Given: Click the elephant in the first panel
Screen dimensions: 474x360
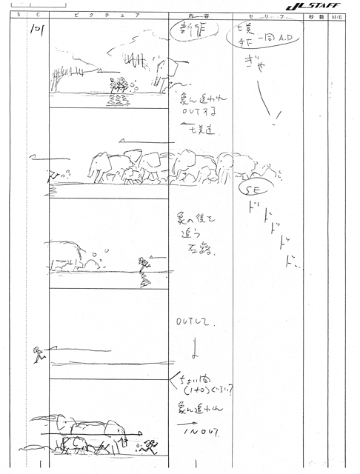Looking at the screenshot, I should [x=167, y=72].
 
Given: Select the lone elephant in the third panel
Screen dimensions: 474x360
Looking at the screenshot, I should [x=73, y=254].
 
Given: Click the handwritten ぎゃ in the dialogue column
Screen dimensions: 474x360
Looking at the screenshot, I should [x=257, y=66].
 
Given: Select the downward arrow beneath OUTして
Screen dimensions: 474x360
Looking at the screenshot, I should [x=193, y=347].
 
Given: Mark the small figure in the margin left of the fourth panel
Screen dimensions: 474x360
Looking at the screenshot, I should [x=39, y=355].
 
